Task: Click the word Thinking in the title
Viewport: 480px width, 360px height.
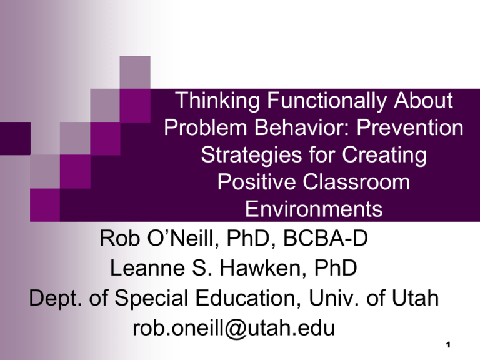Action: coord(217,101)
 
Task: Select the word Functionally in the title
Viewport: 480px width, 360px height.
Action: coord(327,101)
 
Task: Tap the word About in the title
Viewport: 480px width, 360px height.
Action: coord(423,100)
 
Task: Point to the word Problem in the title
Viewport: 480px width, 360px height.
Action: coord(206,127)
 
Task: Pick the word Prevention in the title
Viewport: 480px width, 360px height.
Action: coord(410,127)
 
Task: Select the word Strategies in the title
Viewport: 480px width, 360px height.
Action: coord(251,155)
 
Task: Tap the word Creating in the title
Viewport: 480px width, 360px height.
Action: coord(384,155)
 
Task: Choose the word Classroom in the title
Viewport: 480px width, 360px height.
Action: coord(356,182)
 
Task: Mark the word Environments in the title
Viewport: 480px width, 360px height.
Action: coord(314,209)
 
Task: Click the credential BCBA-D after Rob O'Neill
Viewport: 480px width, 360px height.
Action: coord(326,238)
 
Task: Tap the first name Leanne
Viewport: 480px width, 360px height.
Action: coord(147,268)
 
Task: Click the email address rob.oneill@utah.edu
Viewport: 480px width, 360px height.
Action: coord(234,329)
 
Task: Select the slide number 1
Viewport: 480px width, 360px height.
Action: coord(448,345)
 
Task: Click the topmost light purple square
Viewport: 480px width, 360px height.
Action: coord(135,72)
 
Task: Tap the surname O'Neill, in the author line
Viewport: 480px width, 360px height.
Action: coord(183,239)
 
